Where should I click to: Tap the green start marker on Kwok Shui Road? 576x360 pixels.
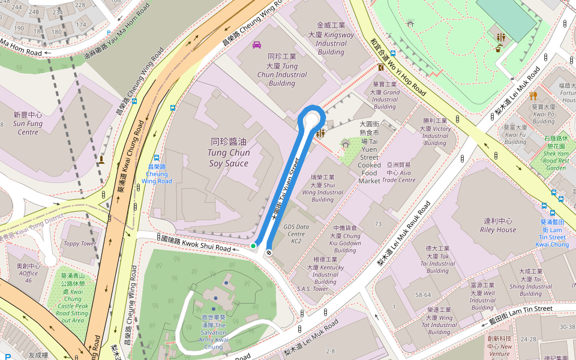pos(253,246)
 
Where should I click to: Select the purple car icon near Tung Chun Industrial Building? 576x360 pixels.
pos(257,45)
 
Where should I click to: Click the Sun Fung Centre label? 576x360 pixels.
pos(28,123)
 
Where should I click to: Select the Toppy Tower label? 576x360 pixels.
pos(80,244)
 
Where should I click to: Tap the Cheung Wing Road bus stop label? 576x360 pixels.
pos(157,173)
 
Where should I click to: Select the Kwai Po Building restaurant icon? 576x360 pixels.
pos(533,95)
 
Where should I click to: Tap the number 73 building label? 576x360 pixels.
pos(378,224)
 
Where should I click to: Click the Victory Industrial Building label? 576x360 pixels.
pos(435,132)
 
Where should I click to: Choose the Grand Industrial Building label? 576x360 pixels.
pos(385,96)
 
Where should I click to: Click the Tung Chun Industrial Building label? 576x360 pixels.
pos(282,70)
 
